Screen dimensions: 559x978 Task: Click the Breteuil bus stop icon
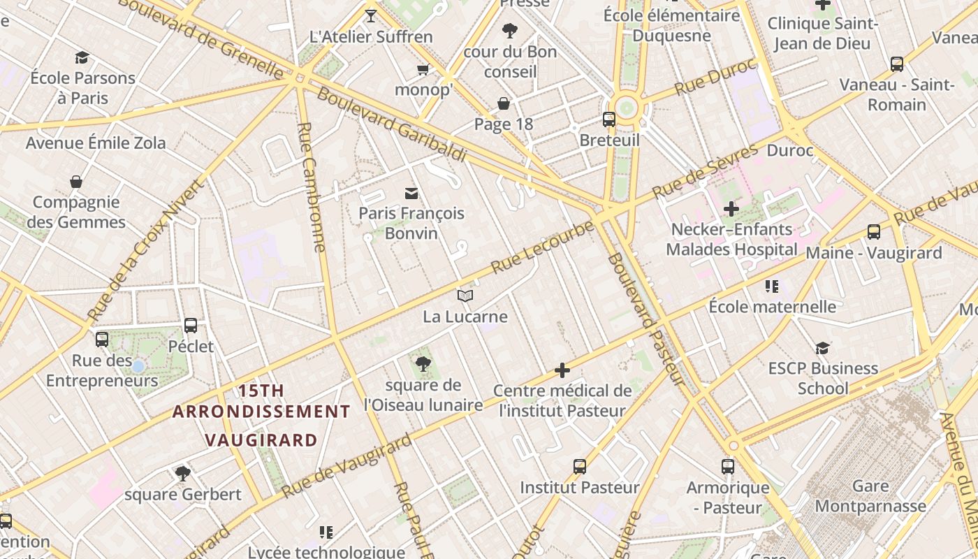pos(609,119)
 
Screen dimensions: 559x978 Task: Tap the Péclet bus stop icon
pos(191,326)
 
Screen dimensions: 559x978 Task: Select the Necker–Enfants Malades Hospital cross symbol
pos(731,208)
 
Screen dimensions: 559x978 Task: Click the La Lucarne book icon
pos(465,296)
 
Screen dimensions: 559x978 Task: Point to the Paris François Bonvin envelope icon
pos(411,193)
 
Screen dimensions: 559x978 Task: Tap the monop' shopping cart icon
pos(423,69)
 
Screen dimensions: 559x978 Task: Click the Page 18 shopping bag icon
pos(503,104)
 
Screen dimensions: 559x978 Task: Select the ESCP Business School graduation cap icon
pos(823,348)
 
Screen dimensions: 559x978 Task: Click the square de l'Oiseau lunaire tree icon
pos(423,364)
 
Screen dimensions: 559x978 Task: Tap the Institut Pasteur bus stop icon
pos(579,467)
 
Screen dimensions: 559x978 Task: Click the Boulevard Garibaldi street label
pos(391,124)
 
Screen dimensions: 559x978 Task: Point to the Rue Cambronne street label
pos(312,187)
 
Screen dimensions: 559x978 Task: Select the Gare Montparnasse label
pos(870,495)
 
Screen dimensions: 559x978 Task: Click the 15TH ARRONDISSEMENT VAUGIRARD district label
pos(261,415)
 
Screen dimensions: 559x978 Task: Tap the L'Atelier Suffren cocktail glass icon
pos(371,16)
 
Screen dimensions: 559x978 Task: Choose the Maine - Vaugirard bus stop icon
pos(873,232)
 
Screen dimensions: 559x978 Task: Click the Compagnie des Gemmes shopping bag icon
pos(76,182)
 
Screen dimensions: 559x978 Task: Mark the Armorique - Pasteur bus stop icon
pos(728,467)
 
